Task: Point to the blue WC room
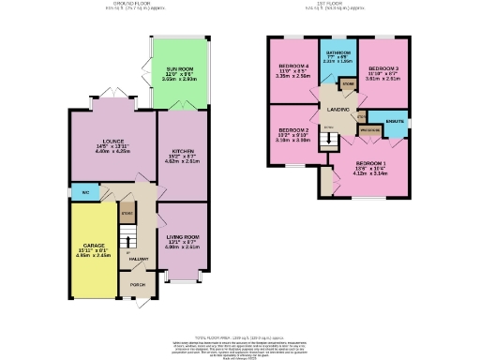click(84, 192)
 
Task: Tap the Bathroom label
click(337, 52)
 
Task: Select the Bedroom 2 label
click(293, 129)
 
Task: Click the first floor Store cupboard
click(348, 85)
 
